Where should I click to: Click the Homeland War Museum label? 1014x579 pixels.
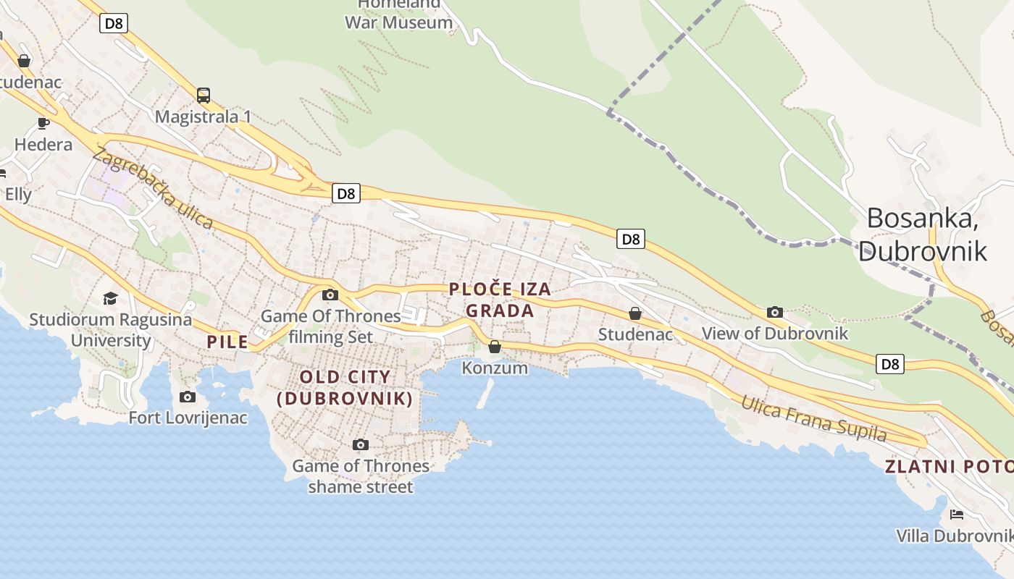coord(398,14)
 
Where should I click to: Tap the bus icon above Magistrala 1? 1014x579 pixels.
coord(204,95)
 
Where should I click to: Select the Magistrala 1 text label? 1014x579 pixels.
coord(204,117)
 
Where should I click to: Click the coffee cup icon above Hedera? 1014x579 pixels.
coord(43,123)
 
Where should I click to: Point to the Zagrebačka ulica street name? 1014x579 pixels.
coord(153,188)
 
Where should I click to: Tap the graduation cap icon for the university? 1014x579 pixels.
coord(110,298)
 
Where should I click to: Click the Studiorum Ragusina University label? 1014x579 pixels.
coord(111,329)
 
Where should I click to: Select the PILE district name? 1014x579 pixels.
coord(227,342)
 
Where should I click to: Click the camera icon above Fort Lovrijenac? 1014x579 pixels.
coord(188,397)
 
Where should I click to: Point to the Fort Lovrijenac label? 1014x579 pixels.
coord(188,418)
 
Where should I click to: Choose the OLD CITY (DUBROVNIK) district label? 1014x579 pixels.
coord(345,387)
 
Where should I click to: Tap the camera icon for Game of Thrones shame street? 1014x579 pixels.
coord(360,444)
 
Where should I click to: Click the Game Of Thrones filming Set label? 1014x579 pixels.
coord(330,326)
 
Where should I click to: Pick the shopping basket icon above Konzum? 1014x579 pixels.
coord(495,347)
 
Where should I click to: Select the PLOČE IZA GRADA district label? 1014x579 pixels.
coord(500,300)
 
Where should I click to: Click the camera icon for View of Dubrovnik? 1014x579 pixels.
coord(775,312)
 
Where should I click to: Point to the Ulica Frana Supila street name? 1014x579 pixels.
coord(813,418)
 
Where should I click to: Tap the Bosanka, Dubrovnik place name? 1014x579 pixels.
coord(923,234)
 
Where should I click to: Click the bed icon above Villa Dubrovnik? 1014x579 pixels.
coord(957,515)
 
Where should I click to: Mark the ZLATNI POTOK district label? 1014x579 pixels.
coord(949,467)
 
